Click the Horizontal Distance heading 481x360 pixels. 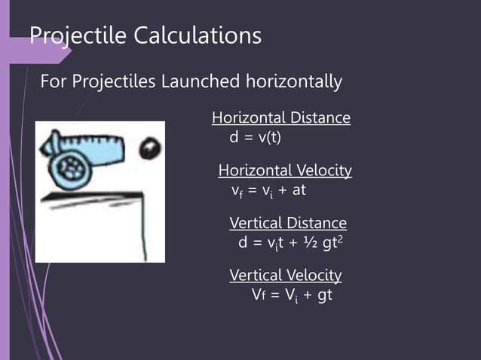[x=281, y=117]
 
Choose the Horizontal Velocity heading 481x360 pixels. [x=285, y=170]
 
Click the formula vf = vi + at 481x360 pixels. [x=268, y=190]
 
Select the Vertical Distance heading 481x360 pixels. [x=288, y=223]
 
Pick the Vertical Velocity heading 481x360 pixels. [x=285, y=275]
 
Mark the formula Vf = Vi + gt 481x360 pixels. [x=291, y=294]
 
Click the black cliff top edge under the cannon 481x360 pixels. [x=90, y=197]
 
